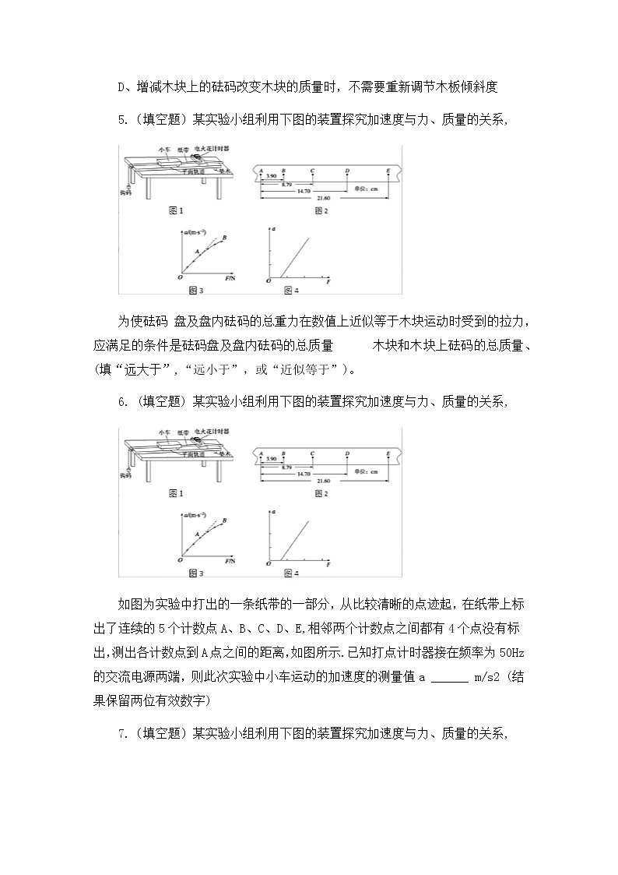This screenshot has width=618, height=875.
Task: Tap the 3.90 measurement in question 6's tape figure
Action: pos(272,459)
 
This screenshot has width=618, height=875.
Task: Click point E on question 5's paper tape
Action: pos(388,170)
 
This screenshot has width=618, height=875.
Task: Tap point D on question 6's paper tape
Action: pos(346,453)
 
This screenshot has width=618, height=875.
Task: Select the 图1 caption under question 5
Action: pos(175,210)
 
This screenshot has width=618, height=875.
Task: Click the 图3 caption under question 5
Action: pos(195,291)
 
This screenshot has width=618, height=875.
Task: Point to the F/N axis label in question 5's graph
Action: pos(230,277)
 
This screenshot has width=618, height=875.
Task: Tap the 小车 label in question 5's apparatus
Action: pos(163,148)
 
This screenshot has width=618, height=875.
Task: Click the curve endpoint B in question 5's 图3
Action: pos(224,237)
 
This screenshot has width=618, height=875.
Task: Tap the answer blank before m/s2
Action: pos(449,677)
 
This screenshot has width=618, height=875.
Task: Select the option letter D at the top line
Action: pos(121,86)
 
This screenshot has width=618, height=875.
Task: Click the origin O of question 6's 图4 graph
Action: pos(268,563)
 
